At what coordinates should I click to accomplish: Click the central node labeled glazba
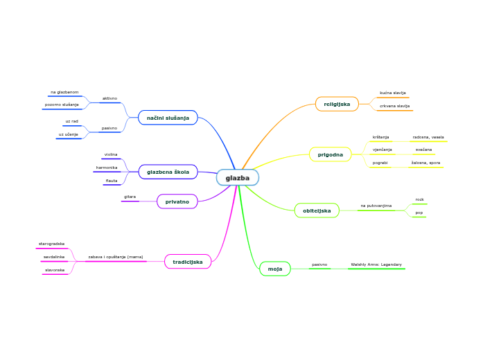click(x=237, y=178)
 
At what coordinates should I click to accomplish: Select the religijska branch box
click(x=337, y=104)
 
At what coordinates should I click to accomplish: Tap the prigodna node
click(x=330, y=154)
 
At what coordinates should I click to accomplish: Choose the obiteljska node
click(x=317, y=210)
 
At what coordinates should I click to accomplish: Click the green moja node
click(x=274, y=269)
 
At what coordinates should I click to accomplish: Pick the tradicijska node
click(x=187, y=262)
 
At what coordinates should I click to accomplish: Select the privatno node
click(x=177, y=201)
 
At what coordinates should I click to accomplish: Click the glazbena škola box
click(x=168, y=172)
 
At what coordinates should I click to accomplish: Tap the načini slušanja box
click(x=168, y=118)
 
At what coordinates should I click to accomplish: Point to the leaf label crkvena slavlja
click(x=394, y=106)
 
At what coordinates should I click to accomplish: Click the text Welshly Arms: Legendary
click(x=376, y=264)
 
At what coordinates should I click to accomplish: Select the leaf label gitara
click(x=130, y=197)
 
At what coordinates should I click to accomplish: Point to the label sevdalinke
click(x=54, y=257)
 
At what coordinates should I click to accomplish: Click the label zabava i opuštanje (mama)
click(x=116, y=257)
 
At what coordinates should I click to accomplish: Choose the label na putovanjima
click(x=376, y=206)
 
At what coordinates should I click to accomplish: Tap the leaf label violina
click(x=111, y=154)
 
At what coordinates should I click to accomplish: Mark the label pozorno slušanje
click(x=62, y=105)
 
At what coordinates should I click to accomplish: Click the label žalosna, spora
click(x=425, y=162)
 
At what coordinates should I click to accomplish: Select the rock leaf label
click(x=419, y=199)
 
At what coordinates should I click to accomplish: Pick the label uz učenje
click(x=69, y=134)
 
